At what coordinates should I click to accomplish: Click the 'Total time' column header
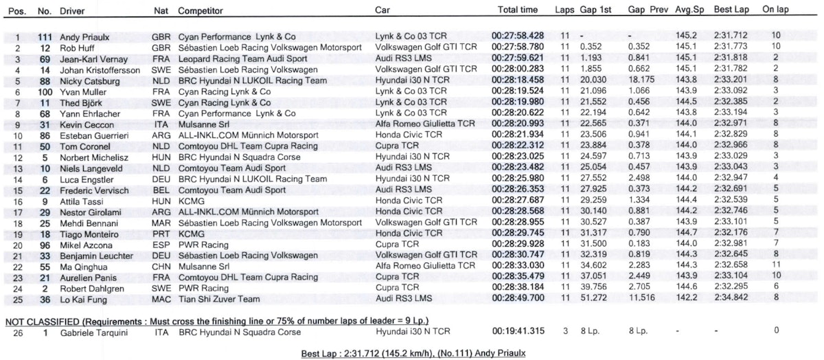517,11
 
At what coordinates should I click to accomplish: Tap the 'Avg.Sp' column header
687,11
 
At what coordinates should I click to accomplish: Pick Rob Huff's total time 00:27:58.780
518,46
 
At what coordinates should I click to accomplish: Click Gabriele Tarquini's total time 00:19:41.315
518,331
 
